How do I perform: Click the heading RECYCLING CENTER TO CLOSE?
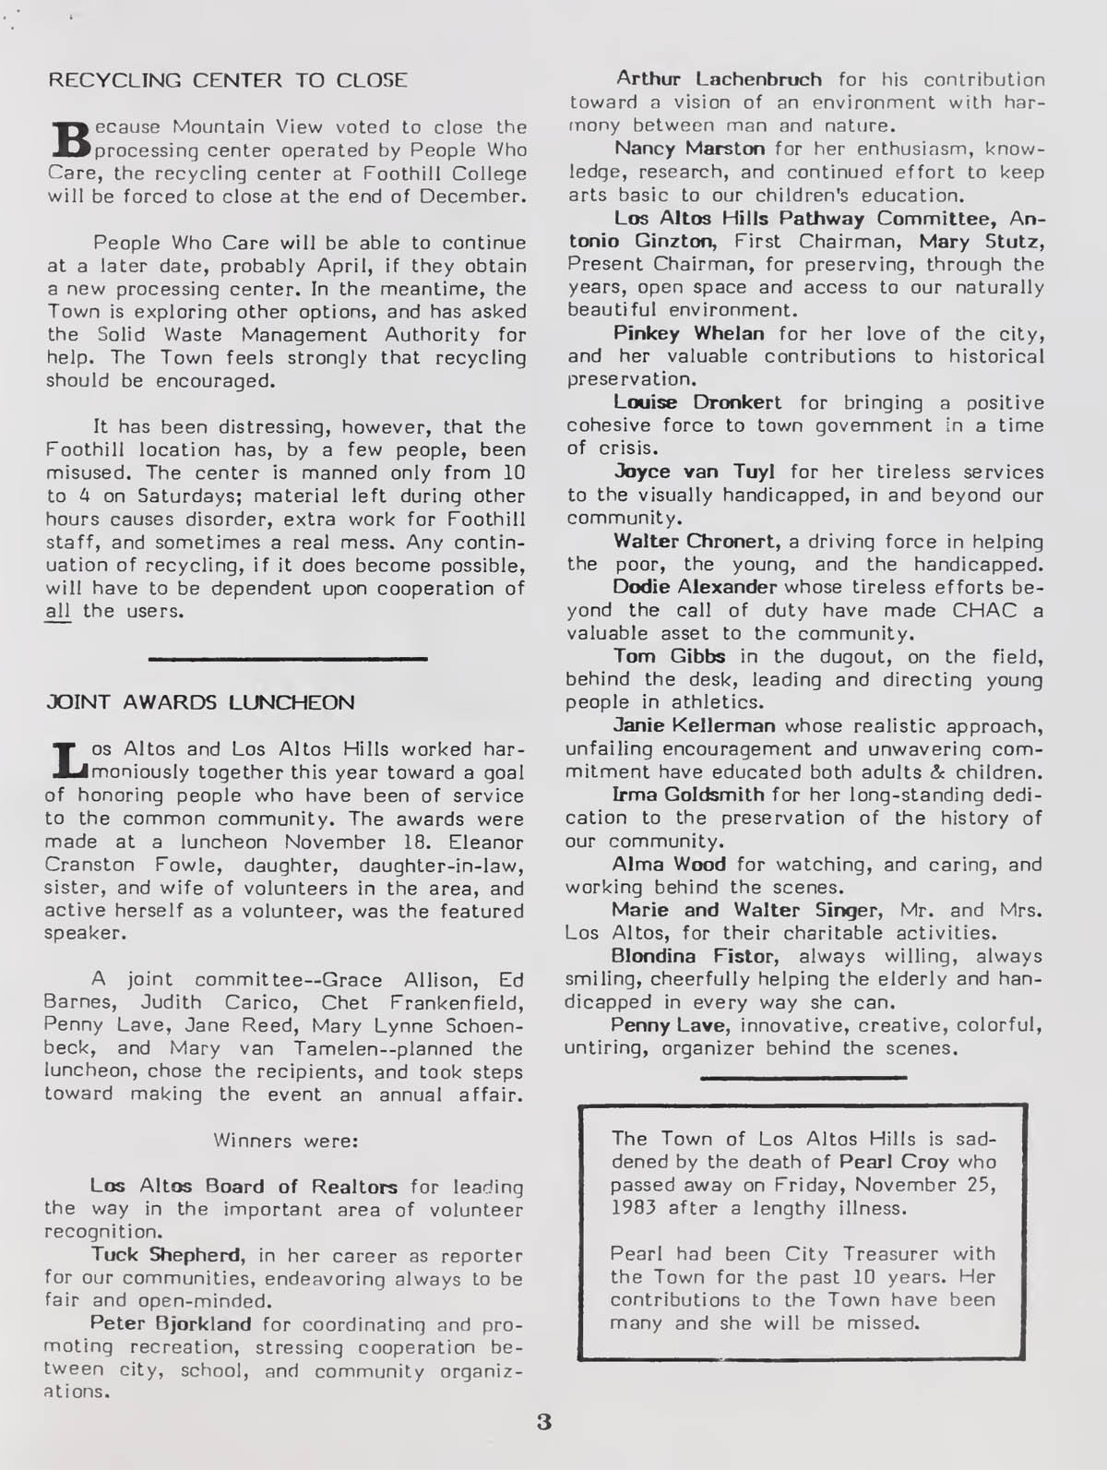(x=227, y=79)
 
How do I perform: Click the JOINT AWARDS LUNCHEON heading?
(x=200, y=702)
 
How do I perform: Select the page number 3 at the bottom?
(x=544, y=1422)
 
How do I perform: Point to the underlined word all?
(x=58, y=611)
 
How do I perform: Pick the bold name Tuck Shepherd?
(x=167, y=1256)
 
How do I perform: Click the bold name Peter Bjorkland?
(x=171, y=1324)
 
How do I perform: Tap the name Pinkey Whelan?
(x=688, y=333)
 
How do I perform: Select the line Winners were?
(x=285, y=1140)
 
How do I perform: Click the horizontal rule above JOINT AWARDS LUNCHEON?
(x=288, y=658)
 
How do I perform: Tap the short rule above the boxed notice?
(x=803, y=1077)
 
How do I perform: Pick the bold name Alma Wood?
(x=669, y=865)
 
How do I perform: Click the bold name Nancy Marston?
(x=677, y=149)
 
